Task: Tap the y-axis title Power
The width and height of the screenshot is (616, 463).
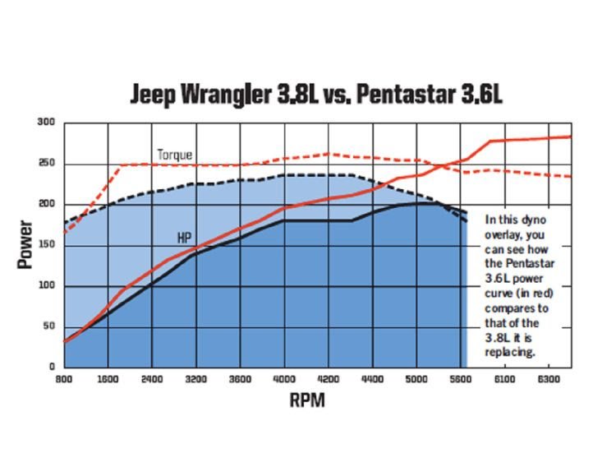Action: tap(25, 243)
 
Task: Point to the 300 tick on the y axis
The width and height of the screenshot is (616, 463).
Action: tap(46, 123)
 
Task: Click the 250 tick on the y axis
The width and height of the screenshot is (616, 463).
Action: tap(46, 164)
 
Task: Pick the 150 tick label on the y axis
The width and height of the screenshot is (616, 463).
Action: tap(46, 245)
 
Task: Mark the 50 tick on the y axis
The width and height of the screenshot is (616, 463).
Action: tap(48, 326)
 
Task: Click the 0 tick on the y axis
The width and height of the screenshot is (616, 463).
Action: tap(51, 367)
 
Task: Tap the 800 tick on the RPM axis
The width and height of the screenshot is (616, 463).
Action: tap(65, 381)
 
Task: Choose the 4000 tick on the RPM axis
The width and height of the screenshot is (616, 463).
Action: tap(283, 381)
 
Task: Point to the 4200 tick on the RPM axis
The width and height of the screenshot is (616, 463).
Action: tap(328, 381)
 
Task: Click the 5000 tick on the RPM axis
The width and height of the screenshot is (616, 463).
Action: tap(416, 381)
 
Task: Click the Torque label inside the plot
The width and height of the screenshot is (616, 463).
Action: tap(174, 154)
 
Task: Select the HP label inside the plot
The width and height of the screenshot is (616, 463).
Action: tap(186, 237)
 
